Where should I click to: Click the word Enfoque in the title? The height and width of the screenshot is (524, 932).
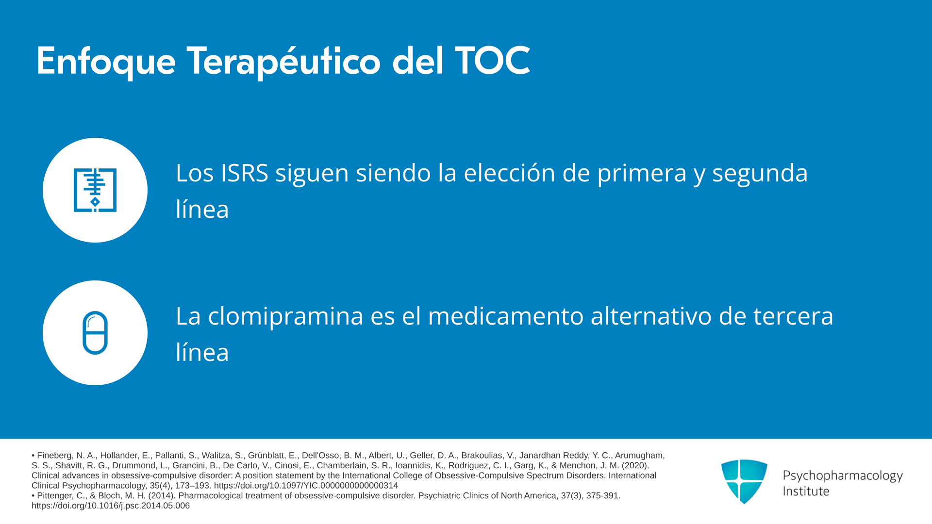point(106,62)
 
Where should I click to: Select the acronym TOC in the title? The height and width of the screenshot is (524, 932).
point(492,61)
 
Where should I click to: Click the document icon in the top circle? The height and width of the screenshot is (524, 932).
point(95,190)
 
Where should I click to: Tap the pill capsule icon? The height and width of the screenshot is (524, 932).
point(95,333)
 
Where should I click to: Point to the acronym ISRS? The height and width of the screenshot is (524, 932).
point(245,173)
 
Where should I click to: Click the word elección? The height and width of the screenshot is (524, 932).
point(509,173)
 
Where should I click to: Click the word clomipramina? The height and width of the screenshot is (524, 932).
point(285,317)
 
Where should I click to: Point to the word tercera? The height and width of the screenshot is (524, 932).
point(793,317)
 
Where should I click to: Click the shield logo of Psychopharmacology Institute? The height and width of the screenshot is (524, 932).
point(744,481)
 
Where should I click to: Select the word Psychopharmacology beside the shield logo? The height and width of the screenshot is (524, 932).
point(843,476)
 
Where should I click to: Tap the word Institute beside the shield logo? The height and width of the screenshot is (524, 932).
point(806,491)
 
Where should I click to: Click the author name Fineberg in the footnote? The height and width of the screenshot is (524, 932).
point(55,456)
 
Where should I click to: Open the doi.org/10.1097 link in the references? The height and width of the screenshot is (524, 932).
point(306,486)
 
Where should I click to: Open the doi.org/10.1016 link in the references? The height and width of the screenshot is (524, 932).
point(111,506)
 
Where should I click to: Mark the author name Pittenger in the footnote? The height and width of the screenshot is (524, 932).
point(55,496)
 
